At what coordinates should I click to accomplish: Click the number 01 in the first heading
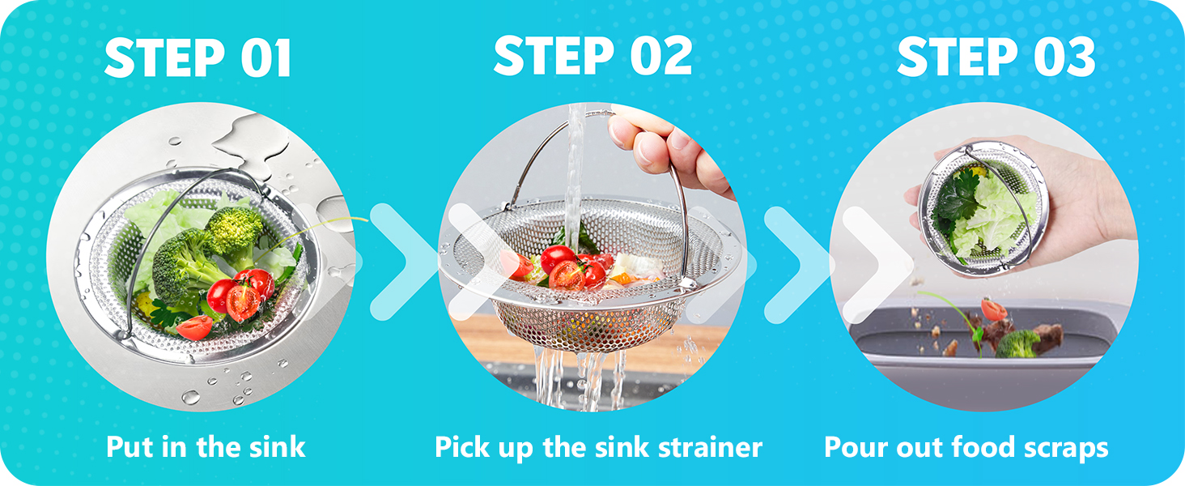265,58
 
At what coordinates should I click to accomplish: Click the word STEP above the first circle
164,58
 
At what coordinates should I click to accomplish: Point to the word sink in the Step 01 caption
277,447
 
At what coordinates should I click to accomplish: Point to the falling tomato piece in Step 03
993,309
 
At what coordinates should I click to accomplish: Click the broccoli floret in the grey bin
1017,343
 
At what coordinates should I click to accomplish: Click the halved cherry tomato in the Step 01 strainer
243,302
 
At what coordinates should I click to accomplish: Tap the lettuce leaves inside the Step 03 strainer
995,217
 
